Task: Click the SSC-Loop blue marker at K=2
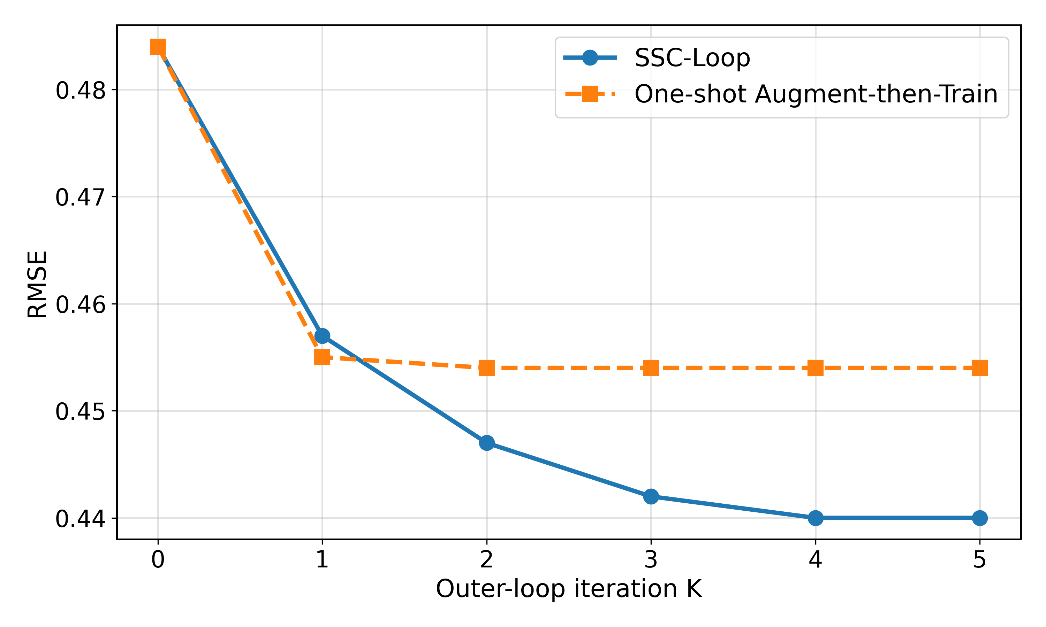click(x=487, y=443)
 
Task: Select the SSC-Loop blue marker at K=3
click(x=651, y=496)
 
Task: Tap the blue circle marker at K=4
click(x=815, y=518)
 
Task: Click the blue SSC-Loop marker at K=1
click(x=322, y=336)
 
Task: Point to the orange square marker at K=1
click(x=322, y=357)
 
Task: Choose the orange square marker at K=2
click(x=487, y=367)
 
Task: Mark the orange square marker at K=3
click(x=651, y=367)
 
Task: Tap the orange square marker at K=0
click(x=158, y=47)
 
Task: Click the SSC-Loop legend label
click(x=692, y=58)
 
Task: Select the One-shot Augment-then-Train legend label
click(x=816, y=94)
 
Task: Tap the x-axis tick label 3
click(x=651, y=560)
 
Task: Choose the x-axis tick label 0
click(x=158, y=560)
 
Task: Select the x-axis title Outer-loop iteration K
click(x=569, y=589)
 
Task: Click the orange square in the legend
click(x=590, y=94)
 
